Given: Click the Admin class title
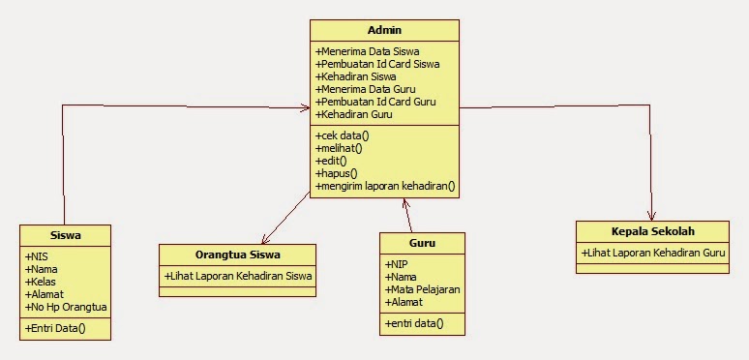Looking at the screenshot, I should pos(384,31).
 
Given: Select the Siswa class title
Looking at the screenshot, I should pos(65,235).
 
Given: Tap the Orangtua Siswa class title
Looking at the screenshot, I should pos(238,255).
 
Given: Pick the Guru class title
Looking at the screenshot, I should pos(422,243).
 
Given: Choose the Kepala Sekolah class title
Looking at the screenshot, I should pos(653,231).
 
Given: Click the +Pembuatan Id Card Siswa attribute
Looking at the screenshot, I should pos(377,64).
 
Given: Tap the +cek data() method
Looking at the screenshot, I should pos(343,135).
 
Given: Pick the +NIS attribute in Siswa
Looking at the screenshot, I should pos(38,256).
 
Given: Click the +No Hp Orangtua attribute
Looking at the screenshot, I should pos(66,307).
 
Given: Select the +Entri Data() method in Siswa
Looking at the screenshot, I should pos(55,328).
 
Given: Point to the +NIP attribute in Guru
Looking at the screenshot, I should pos(397,264).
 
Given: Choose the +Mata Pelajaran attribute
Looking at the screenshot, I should pos(422,289).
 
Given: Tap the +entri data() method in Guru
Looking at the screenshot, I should pos(414,323).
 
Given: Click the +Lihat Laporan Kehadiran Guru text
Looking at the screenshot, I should pos(653,253).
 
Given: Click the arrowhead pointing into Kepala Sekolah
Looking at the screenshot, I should pos(652,217).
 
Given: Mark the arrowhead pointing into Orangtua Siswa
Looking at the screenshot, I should pos(264,241).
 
